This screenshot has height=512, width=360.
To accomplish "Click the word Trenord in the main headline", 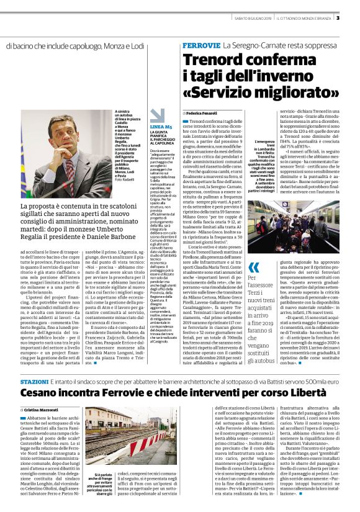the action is pyautogui.click(x=216, y=62).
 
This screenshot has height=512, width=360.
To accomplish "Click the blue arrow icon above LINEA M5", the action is pyautogui.click(x=158, y=115).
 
